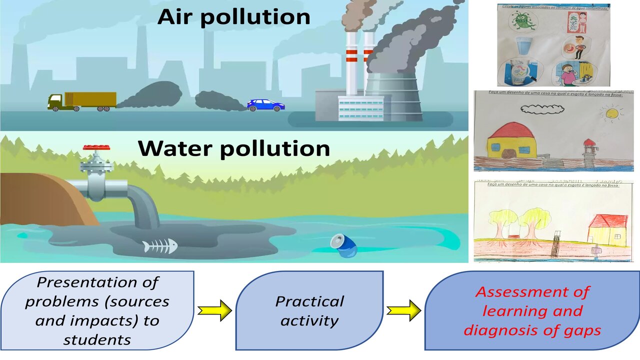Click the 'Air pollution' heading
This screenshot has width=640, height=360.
click(234, 16)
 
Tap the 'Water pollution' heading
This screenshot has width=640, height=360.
click(234, 148)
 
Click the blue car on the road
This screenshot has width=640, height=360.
click(265, 105)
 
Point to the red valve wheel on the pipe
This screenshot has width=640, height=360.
click(96, 147)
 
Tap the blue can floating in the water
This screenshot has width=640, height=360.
click(344, 245)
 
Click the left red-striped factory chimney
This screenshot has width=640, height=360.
click(352, 60)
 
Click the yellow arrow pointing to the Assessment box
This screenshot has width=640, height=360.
click(404, 311)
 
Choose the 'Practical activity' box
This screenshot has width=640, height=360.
click(309, 310)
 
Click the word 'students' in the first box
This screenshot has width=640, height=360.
click(97, 340)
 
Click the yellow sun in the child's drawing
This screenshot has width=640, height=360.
click(611, 113)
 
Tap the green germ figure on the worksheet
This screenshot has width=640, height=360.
click(521, 23)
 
